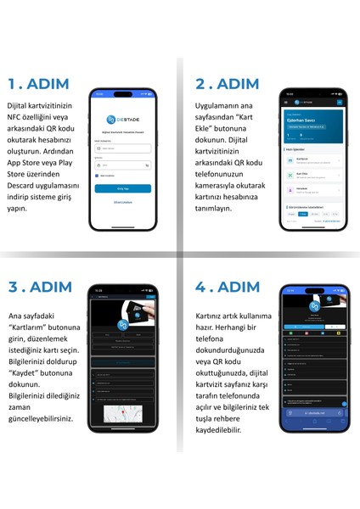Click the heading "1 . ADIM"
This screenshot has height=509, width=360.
(41, 84)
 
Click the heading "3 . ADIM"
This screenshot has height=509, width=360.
(42, 285)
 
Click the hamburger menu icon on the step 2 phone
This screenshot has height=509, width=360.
(340, 102)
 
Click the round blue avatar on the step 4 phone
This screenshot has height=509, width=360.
(314, 306)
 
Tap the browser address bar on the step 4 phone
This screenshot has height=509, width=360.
(314, 414)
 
